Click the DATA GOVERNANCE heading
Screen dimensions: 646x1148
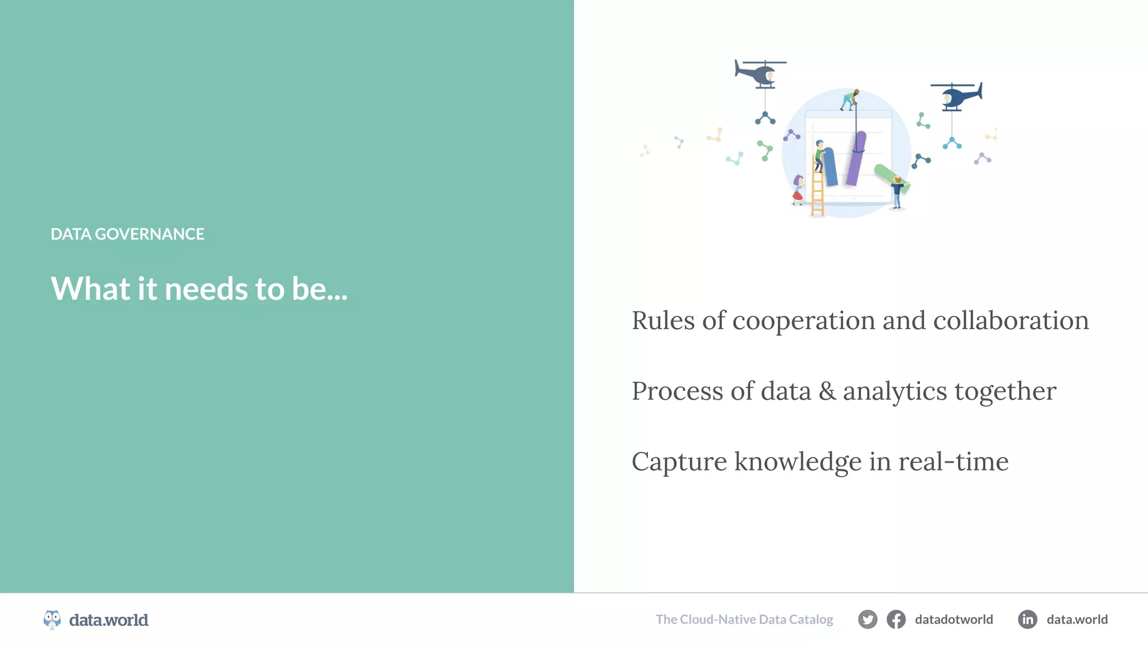[x=127, y=234]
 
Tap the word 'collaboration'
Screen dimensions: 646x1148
[x=1011, y=321]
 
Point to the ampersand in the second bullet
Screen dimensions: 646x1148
[x=827, y=391]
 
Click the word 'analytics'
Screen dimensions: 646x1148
[x=895, y=391]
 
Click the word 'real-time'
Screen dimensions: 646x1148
[x=953, y=462]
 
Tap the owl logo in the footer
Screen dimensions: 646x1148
[x=52, y=620]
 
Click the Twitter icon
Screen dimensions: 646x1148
[x=867, y=620]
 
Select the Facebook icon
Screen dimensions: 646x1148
[x=896, y=620]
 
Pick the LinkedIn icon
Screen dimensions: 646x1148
[x=1027, y=620]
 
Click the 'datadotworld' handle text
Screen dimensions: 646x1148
[x=953, y=620]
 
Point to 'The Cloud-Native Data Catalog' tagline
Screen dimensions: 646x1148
[x=744, y=620]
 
